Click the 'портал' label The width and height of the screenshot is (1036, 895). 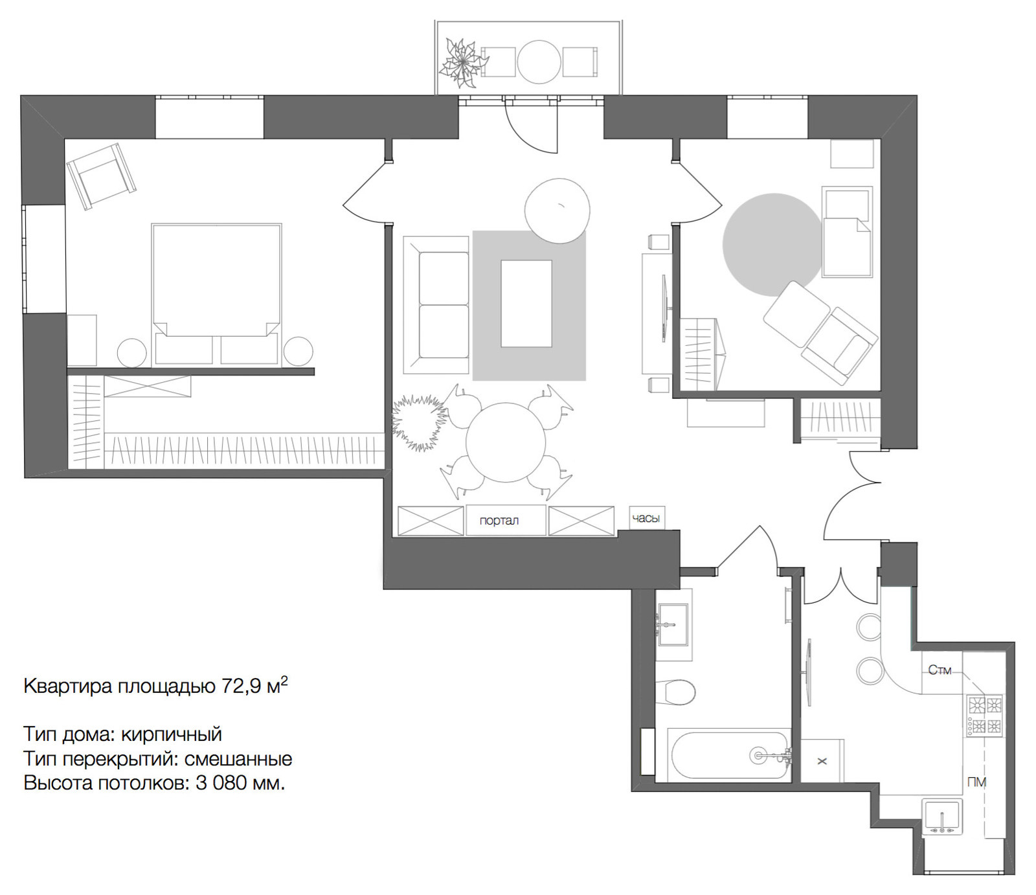499,521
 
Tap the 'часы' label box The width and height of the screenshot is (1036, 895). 647,518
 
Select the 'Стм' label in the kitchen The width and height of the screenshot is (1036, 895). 940,670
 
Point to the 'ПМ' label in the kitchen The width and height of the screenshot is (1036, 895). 976,782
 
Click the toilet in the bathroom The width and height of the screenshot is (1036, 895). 675,692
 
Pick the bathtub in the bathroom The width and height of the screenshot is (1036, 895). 730,754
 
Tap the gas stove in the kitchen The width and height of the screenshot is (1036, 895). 985,715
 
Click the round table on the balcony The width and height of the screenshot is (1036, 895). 539,62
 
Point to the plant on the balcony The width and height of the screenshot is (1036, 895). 462,63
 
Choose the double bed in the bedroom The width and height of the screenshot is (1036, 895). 216,294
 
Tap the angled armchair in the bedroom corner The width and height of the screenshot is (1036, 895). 102,176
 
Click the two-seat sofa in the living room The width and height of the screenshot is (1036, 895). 436,304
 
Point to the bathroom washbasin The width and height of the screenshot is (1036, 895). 673,624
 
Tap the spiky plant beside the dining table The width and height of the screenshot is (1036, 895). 420,422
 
